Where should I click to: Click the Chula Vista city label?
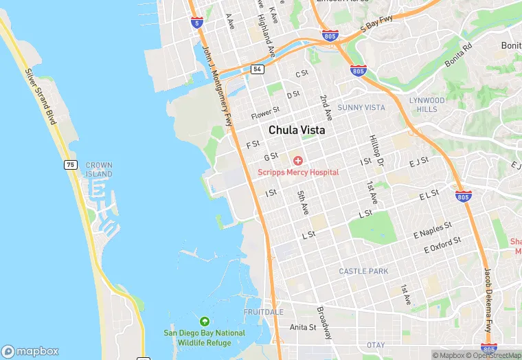tap(297, 129)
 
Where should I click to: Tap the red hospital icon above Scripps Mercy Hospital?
tap(298, 161)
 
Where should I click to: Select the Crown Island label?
tap(99, 170)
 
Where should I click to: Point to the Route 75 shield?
tap(70, 165)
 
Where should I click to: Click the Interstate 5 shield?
tap(196, 23)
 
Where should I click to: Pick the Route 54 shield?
tap(257, 69)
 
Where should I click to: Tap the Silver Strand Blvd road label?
tap(40, 96)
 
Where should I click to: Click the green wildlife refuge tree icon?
tap(204, 322)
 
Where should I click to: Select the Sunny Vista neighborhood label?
tap(361, 108)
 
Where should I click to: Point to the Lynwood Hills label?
tap(427, 104)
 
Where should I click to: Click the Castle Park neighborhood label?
tap(363, 271)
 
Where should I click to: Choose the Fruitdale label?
tap(263, 312)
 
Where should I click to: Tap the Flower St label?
tap(266, 112)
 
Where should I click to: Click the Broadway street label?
tap(324, 322)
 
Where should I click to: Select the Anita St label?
tap(302, 327)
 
